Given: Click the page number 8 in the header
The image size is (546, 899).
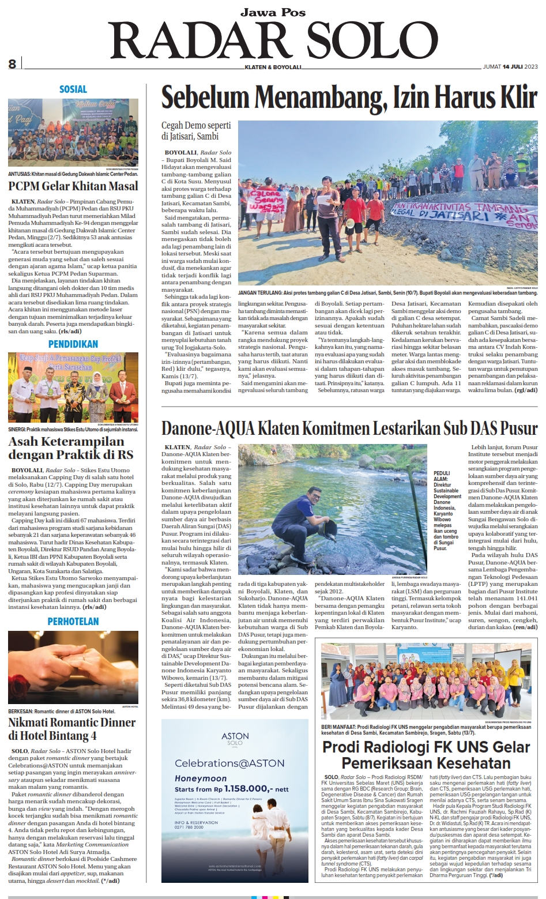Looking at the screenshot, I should coord(12,64).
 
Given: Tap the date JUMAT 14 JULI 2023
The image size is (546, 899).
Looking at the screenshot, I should coord(510,67).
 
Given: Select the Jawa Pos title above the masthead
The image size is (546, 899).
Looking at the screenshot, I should coord(273,12).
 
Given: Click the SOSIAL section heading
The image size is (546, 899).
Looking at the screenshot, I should coord(73,89).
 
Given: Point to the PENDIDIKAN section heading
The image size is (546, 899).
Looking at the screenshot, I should coord(73,344).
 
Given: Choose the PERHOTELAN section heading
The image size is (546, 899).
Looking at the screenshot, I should coord(73,622).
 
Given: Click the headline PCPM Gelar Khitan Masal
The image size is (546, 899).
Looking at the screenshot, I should coord(73,186).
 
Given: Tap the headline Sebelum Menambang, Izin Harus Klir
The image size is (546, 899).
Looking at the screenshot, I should coord(349,97).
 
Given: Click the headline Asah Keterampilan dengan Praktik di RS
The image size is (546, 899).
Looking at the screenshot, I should coord(71,448).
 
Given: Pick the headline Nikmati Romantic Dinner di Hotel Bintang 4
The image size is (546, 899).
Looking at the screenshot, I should coord(72,729).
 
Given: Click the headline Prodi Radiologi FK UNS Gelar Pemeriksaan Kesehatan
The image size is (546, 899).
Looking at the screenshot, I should coord(426,755).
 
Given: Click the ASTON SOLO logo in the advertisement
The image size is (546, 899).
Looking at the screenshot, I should coord(235,739).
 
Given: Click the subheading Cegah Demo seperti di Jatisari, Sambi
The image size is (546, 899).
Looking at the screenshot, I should coord(196,131).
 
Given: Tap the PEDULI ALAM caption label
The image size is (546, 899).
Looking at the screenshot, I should coord(441,476).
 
